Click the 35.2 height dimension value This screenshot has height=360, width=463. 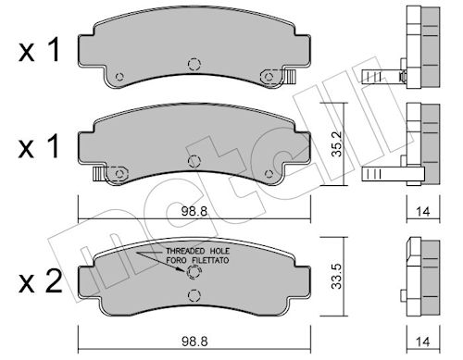pyautogui.click(x=337, y=143)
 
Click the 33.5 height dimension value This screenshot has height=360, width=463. pyautogui.click(x=337, y=276)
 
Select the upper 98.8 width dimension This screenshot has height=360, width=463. pyautogui.click(x=194, y=211)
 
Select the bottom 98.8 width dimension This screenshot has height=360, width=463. pyautogui.click(x=194, y=341)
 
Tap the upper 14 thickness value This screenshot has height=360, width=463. pyautogui.click(x=423, y=212)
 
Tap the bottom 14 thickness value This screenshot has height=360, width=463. pyautogui.click(x=423, y=341)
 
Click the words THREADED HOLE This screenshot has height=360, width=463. pyautogui.click(x=198, y=251)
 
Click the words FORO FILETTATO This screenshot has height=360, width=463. pyautogui.click(x=198, y=260)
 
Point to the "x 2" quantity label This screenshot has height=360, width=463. pyautogui.click(x=40, y=282)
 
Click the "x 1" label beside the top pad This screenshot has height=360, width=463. pyautogui.click(x=39, y=51)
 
